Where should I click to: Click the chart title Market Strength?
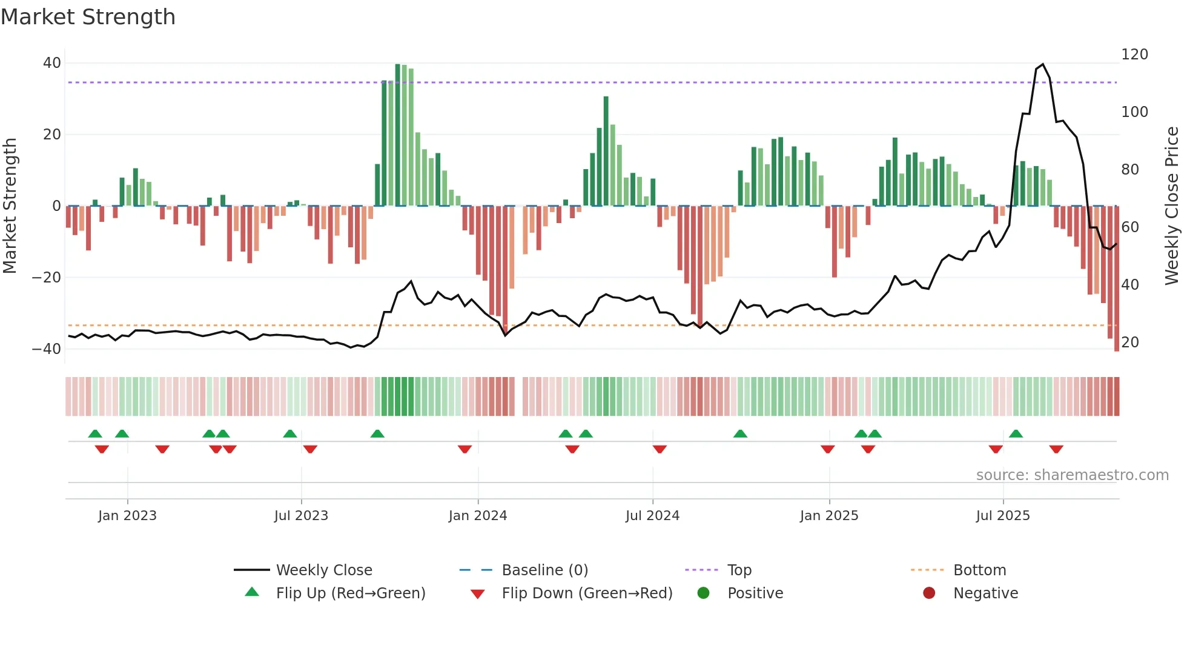coord(88,17)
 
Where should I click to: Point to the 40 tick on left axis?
coord(52,63)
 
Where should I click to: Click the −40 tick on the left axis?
coord(47,349)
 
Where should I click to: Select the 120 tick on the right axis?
coord(1134,55)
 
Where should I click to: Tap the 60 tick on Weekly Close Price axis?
coord(1130,227)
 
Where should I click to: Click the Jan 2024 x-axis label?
coord(478,516)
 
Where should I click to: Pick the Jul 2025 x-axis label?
coord(1003,516)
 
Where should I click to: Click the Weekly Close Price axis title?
coord(1172,206)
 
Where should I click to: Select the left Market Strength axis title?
coord(10,206)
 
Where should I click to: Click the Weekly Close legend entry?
coord(324,570)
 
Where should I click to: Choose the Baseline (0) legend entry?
coord(544,570)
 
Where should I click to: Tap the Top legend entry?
coord(739,570)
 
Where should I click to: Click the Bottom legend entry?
coord(979,570)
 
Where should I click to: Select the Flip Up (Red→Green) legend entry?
coord(350,593)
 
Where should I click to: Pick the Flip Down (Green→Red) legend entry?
coord(587,593)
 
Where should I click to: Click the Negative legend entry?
coord(985,593)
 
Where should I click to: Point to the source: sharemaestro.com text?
coord(1072,475)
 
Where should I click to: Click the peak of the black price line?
coord(1042,64)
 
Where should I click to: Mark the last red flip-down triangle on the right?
coord(1056,449)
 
